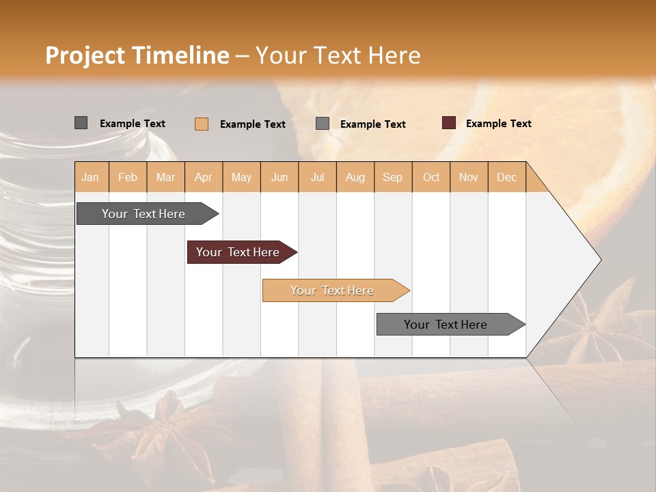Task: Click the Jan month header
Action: click(90, 177)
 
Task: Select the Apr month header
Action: click(204, 177)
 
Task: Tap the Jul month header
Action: click(317, 177)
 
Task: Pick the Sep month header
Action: click(392, 177)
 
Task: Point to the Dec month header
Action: click(506, 177)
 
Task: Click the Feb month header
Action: click(128, 177)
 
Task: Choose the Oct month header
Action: click(431, 177)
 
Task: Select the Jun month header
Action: click(279, 177)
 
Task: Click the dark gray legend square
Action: click(81, 123)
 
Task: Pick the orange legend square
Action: click(201, 124)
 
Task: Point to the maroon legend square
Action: click(448, 123)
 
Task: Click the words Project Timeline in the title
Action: click(137, 55)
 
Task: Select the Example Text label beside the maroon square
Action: click(498, 124)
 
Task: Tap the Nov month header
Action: click(469, 177)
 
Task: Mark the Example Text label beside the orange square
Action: click(252, 124)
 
